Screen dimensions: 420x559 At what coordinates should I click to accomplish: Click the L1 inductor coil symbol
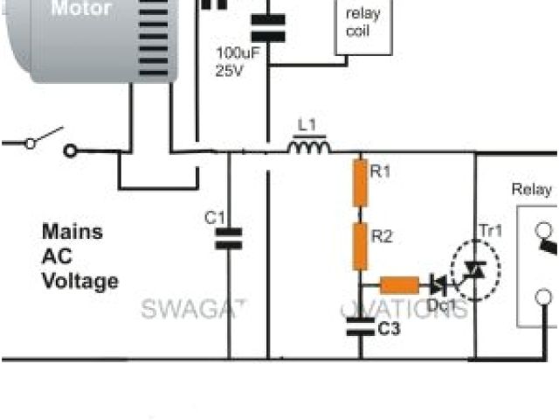coord(310,148)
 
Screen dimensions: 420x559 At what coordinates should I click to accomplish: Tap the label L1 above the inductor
coord(307,126)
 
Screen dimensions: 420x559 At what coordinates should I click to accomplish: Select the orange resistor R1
coord(358,183)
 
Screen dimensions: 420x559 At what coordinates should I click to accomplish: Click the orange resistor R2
coord(359,245)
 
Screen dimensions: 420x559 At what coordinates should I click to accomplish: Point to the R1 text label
coord(382,172)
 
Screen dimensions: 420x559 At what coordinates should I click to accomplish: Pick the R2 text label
coord(382,234)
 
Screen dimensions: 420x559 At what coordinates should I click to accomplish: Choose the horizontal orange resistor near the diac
coord(399,284)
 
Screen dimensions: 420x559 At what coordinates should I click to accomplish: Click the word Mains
coord(72,233)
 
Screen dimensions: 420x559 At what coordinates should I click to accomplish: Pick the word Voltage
coord(79,282)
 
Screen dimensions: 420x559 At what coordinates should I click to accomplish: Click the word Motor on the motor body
coord(80,10)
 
